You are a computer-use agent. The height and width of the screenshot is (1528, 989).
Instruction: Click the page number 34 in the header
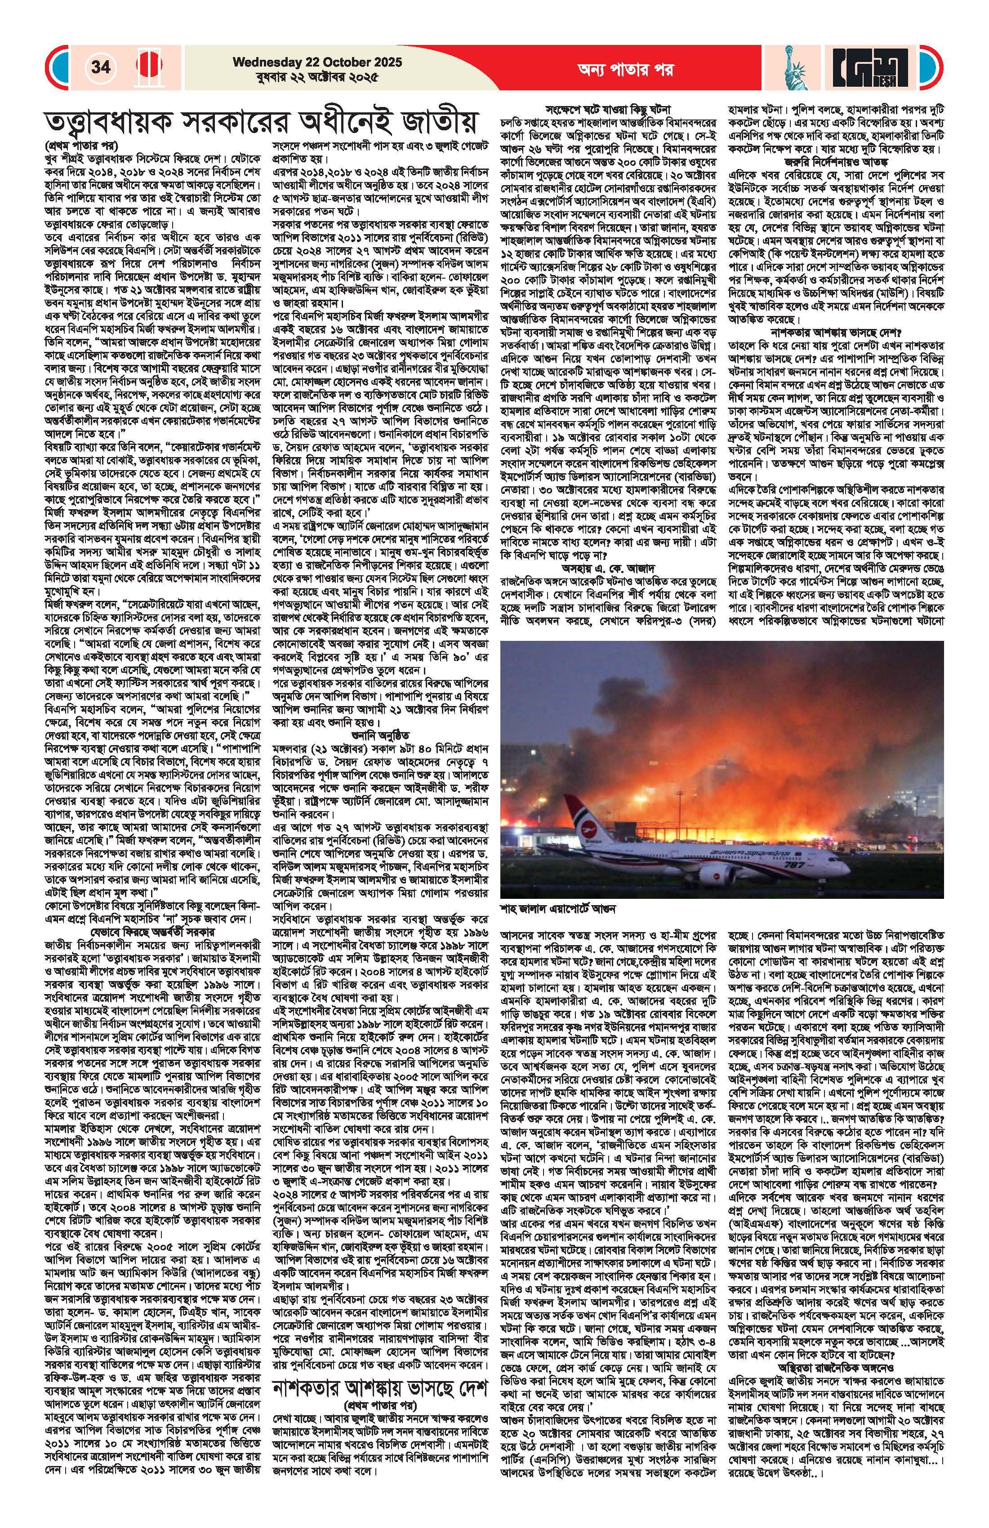[x=101, y=67]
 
